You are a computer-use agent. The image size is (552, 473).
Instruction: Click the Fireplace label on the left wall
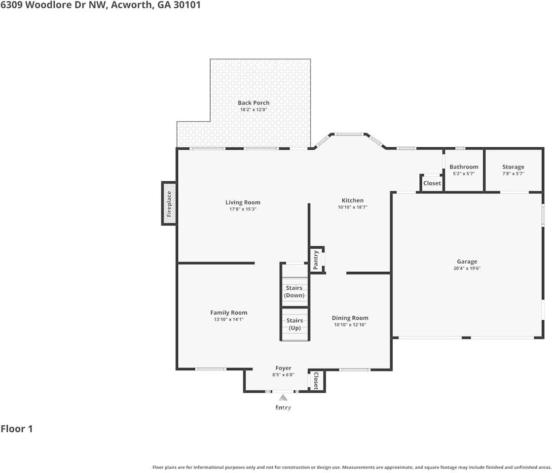click(169, 203)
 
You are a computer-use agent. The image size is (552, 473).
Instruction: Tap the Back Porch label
click(254, 103)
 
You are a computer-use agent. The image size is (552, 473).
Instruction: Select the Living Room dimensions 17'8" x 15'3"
click(243, 209)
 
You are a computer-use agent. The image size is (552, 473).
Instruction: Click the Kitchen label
click(353, 201)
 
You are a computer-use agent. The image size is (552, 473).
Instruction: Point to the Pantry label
click(316, 260)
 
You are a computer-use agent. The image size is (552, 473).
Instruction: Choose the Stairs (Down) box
click(294, 292)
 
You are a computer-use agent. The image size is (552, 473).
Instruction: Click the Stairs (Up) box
click(294, 324)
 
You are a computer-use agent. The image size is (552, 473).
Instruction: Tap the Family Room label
click(228, 313)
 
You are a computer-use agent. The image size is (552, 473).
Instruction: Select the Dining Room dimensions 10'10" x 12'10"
click(350, 325)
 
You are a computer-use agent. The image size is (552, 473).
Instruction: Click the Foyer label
click(283, 368)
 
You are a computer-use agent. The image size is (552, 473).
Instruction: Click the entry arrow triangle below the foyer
click(283, 398)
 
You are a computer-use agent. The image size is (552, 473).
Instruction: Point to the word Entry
click(283, 407)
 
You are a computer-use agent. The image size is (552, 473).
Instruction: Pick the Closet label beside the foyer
click(316, 380)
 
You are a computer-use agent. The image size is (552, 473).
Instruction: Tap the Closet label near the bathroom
click(432, 183)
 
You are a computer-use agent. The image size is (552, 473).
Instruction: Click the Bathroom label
click(464, 167)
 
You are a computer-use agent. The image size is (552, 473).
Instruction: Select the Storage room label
click(513, 167)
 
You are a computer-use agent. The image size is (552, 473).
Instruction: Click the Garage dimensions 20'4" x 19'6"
click(467, 269)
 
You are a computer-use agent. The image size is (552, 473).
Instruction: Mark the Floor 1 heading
click(17, 429)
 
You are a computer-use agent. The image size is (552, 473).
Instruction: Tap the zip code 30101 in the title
click(185, 5)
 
